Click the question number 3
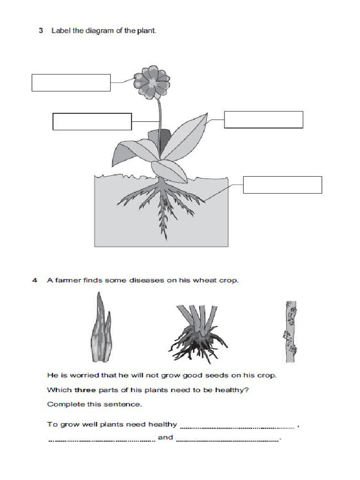coord(41,31)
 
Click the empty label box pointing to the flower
coord(71,82)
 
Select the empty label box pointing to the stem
coord(92,121)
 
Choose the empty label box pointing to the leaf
coord(263,120)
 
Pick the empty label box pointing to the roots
coord(282,185)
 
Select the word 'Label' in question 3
coord(60,31)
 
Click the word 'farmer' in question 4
coord(67,281)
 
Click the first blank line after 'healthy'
coord(238,427)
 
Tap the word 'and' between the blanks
coord(165,438)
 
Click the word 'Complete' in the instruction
coord(62,404)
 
